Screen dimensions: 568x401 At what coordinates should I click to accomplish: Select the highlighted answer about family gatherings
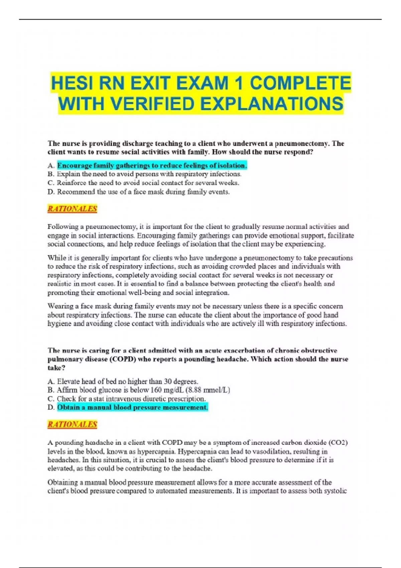(x=152, y=165)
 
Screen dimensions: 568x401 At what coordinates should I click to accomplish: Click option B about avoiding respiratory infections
(x=149, y=174)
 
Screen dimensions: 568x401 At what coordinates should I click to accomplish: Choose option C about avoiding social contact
(x=148, y=183)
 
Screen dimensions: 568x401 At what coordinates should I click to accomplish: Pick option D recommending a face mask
(x=143, y=192)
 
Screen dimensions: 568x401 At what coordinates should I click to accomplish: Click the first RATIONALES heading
(x=72, y=209)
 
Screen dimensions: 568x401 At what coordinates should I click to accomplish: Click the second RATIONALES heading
(x=72, y=424)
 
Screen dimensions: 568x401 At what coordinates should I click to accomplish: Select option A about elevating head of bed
(x=127, y=381)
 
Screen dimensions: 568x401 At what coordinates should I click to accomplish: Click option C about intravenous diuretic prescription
(x=131, y=399)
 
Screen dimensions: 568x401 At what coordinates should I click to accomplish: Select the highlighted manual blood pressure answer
(x=132, y=407)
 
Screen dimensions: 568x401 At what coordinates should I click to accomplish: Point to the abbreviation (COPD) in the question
(x=122, y=359)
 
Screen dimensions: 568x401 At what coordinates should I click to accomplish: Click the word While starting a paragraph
(x=56, y=258)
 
